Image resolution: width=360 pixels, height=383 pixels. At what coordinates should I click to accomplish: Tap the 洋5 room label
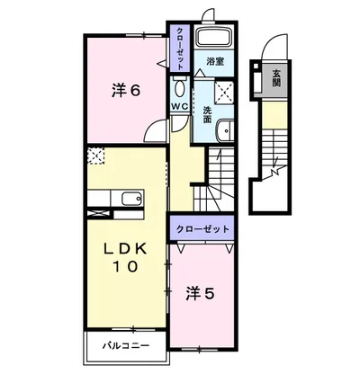[200, 293]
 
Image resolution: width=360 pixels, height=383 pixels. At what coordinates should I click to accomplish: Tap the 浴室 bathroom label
[214, 62]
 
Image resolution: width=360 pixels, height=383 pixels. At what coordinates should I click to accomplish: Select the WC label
[179, 106]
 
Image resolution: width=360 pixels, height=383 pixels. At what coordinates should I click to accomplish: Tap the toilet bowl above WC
[179, 87]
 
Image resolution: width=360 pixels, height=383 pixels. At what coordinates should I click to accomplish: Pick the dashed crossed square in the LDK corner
[95, 157]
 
